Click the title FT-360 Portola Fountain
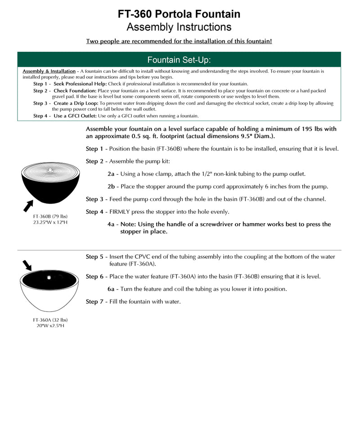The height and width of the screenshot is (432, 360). click(x=179, y=14)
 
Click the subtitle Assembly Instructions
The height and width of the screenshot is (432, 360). click(x=179, y=27)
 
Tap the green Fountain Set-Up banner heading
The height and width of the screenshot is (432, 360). click(x=179, y=60)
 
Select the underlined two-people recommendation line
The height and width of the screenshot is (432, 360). click(x=179, y=41)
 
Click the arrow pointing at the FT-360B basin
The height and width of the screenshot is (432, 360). click(x=28, y=206)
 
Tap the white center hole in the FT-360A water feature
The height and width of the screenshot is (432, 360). click(x=47, y=274)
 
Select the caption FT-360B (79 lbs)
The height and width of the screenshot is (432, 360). click(x=50, y=216)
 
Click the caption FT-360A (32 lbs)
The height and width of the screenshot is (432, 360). click(x=50, y=320)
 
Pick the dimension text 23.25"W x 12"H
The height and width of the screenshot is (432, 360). click(x=50, y=222)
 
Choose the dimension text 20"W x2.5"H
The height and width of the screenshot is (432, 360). click(x=50, y=326)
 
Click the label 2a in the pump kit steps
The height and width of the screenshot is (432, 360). click(x=111, y=174)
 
